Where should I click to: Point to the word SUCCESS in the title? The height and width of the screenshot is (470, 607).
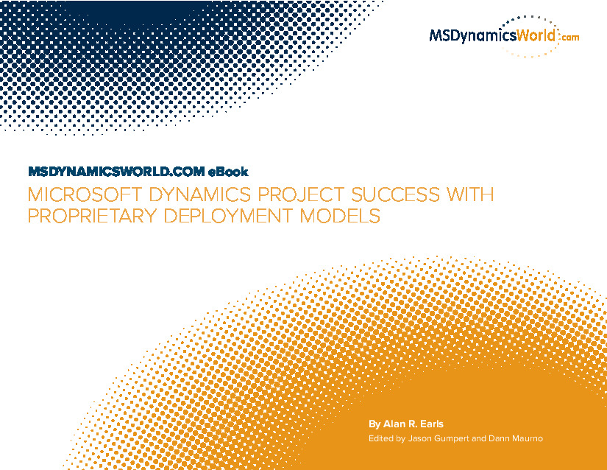[x=395, y=194]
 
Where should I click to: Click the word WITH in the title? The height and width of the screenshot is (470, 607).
[x=471, y=194]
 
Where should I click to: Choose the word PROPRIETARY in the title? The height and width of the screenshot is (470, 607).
[x=92, y=216]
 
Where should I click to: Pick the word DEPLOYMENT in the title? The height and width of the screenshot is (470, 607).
[x=228, y=216]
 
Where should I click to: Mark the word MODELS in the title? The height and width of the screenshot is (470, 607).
[x=340, y=216]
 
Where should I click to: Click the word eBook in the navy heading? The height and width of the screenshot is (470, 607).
[x=228, y=172]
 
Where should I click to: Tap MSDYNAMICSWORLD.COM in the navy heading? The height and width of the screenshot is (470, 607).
[x=116, y=172]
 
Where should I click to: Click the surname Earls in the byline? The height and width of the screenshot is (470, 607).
[x=432, y=424]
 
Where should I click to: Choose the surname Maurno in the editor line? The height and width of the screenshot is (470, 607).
[x=528, y=438]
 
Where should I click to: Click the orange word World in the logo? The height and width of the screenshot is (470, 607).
[x=536, y=35]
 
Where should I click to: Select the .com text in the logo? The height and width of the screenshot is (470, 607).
[x=569, y=37]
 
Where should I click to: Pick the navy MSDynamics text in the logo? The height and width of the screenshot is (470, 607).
[x=472, y=36]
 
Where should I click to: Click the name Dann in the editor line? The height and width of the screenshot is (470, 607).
[x=499, y=438]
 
